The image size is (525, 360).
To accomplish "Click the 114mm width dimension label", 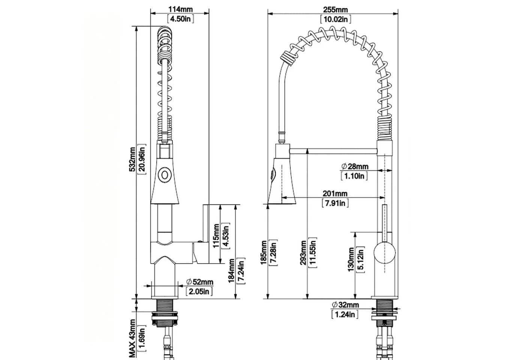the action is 180,9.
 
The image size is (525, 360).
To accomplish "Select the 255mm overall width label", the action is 335,10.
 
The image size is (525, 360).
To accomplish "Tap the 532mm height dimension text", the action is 132,159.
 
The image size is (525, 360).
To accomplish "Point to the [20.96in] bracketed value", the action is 142,159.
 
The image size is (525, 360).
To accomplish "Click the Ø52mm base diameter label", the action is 199,282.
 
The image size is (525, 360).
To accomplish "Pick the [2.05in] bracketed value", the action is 199,291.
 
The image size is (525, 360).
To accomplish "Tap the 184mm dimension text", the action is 232,271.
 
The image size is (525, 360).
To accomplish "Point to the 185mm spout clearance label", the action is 264,253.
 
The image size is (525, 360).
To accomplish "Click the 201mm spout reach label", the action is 335,193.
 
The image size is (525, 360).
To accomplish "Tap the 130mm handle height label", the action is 351,259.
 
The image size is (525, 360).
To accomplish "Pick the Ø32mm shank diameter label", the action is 345,304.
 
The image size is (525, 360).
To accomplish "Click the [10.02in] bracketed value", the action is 336,19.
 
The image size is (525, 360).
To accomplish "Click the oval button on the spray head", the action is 165,175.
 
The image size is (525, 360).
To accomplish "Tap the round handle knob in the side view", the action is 385,253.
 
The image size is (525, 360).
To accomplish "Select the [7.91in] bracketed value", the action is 335,203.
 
